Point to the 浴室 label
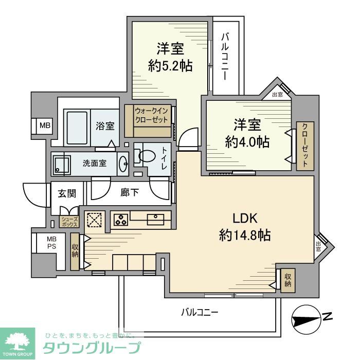click(x=105, y=126)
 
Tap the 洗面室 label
click(x=95, y=164)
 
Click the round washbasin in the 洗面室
click(x=123, y=164)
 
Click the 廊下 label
click(x=129, y=193)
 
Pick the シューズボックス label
click(x=69, y=222)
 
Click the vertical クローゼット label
click(x=304, y=146)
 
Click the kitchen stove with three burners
click(x=121, y=220)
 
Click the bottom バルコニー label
click(x=200, y=312)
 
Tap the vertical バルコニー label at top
click(x=225, y=57)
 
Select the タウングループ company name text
click(x=91, y=347)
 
